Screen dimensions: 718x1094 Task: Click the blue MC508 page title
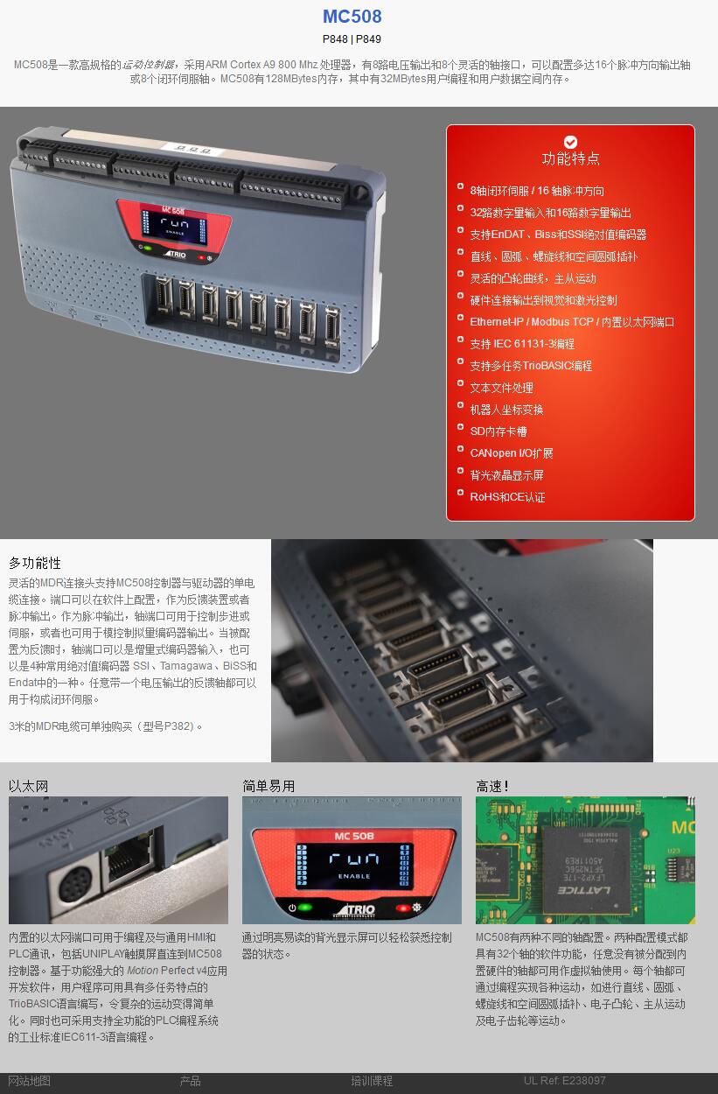(x=352, y=16)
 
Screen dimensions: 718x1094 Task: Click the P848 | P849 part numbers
(x=352, y=39)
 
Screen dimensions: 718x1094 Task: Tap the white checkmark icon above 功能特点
(x=570, y=142)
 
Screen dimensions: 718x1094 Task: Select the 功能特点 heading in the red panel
(x=570, y=158)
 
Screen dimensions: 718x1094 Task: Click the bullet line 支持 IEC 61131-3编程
(x=522, y=344)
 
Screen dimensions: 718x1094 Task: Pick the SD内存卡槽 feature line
(x=498, y=431)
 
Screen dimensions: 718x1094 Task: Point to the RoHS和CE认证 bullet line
(x=507, y=497)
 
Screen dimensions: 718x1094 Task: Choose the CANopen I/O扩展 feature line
(x=511, y=453)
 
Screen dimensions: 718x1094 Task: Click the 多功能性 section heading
(x=35, y=563)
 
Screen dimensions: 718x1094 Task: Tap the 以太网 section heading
(x=28, y=786)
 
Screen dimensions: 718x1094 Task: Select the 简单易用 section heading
(x=268, y=786)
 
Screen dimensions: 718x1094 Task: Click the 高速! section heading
(x=492, y=786)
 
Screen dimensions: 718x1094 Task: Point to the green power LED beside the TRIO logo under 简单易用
(x=305, y=908)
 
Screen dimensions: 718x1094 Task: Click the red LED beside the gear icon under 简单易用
(x=403, y=908)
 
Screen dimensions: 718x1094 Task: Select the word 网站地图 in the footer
(x=29, y=1081)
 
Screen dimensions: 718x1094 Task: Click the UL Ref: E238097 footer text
(x=564, y=1080)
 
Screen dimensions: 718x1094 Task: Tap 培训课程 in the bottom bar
(x=372, y=1081)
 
